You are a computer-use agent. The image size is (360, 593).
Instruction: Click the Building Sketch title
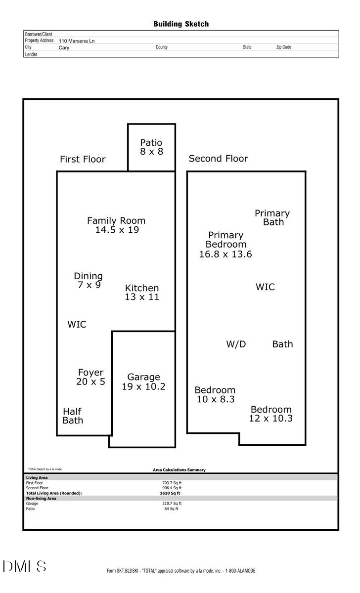[x=180, y=24]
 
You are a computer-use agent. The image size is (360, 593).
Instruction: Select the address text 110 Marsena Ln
[x=77, y=41]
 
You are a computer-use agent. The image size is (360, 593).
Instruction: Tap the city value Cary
[x=64, y=48]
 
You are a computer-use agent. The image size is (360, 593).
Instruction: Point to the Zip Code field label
[x=283, y=47]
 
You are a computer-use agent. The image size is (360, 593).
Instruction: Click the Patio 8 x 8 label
[x=151, y=147]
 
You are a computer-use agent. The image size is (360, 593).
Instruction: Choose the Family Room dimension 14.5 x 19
[x=117, y=230]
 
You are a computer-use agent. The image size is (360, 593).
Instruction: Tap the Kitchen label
[x=142, y=288]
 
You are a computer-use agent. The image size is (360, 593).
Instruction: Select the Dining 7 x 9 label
[x=89, y=281]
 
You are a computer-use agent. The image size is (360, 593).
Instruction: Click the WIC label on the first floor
[x=77, y=325]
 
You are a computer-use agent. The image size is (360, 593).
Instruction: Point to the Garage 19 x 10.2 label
[x=143, y=382]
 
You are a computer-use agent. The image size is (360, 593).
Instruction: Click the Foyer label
[x=90, y=373]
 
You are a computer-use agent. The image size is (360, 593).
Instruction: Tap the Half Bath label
[x=72, y=416]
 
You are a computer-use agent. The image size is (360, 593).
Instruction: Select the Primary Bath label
[x=272, y=217]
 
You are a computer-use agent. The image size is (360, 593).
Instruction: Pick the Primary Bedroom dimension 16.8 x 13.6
[x=225, y=254]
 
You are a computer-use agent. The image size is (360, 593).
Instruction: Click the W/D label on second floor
[x=236, y=344]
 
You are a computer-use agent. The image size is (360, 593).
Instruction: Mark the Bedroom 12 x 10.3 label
[x=271, y=414]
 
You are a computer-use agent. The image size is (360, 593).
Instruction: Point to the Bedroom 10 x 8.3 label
[x=215, y=395]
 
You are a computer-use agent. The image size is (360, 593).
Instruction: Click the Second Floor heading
[x=218, y=159]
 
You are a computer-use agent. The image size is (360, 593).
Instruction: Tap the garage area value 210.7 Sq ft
[x=172, y=504]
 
